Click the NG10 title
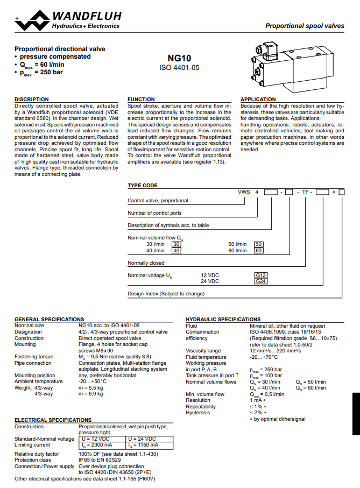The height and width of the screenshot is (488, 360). tap(179, 58)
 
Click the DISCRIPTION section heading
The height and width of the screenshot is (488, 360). tap(31, 100)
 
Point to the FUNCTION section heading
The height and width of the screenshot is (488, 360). tap(141, 100)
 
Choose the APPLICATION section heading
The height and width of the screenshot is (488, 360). tap(258, 100)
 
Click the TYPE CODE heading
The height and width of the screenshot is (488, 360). tap(143, 186)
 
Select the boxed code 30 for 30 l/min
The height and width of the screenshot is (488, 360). tap(176, 244)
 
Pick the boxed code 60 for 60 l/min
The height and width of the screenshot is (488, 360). tap(259, 251)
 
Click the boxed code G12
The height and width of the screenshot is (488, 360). tap(261, 275)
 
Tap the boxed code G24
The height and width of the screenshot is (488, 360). tap(261, 281)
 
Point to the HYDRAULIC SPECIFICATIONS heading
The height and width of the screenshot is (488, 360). tap(223, 320)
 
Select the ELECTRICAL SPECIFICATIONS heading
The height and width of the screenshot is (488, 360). tap(53, 420)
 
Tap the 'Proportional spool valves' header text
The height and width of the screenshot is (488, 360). tap(305, 26)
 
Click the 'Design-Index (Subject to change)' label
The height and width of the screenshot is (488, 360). tap(166, 294)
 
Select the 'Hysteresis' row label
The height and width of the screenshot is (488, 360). tap(197, 413)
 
